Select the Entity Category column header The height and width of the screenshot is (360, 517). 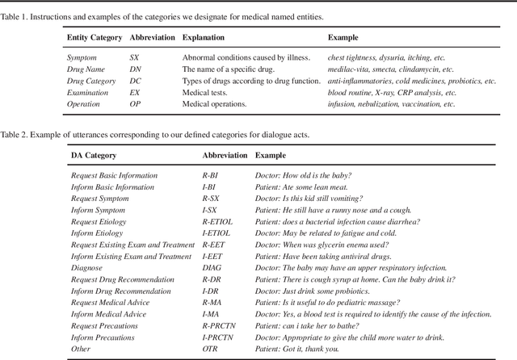coord(94,38)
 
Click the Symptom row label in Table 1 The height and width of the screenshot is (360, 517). coord(82,58)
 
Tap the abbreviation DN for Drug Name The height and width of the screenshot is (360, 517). coord(135,69)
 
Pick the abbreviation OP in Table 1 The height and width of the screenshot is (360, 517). coord(135,104)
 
